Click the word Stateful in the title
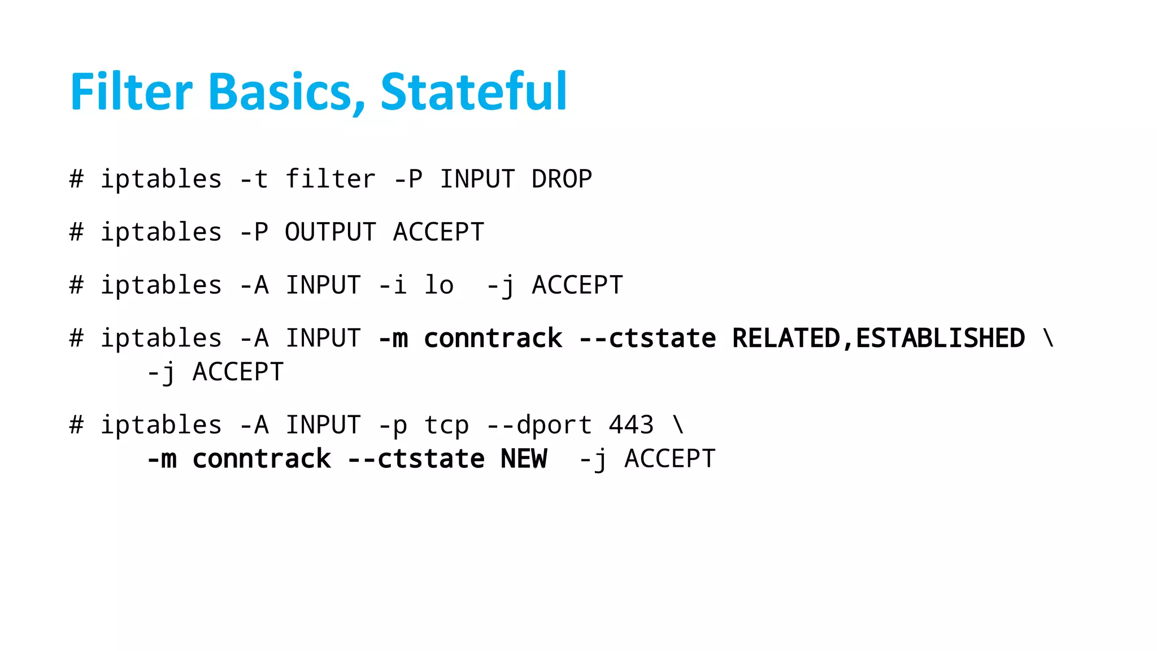tap(473, 92)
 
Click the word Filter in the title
tap(131, 92)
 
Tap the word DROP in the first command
tap(562, 179)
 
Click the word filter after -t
tap(330, 179)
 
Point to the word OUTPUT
tap(330, 232)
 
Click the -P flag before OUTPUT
tap(254, 232)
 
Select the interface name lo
tap(439, 285)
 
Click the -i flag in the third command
tap(393, 285)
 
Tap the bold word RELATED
tap(786, 338)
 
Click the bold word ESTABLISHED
tap(940, 338)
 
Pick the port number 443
tap(631, 425)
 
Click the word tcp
tap(446, 425)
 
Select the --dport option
tap(539, 425)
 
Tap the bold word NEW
tap(524, 458)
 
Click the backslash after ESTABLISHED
tap(1049, 338)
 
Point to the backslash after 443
tap(678, 425)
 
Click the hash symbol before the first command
tap(76, 179)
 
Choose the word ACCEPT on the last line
tap(669, 458)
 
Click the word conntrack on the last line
tap(262, 458)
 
